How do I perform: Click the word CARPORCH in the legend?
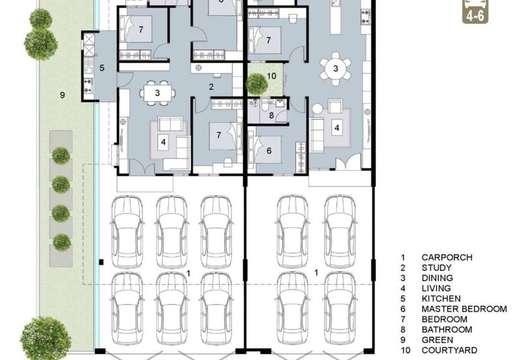coord(447,257)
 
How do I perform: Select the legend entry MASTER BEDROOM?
coord(464,308)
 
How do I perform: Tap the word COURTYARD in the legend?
coord(449,350)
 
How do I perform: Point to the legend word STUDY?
coord(437,267)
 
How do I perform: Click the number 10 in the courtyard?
coord(271,76)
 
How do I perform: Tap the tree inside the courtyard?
coord(256,84)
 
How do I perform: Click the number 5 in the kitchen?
coord(102,68)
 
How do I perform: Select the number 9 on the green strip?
coord(62,95)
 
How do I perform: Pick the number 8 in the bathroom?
coord(271,115)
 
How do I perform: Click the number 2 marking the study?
coord(211,87)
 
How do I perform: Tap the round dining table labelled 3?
coord(335,68)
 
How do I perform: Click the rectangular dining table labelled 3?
coord(157,93)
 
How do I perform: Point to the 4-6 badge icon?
coord(475,10)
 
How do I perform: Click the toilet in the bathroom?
coord(266,105)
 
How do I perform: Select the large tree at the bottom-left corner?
coord(46,338)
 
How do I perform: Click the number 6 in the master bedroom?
coord(269,151)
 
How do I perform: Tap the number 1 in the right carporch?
coord(316,273)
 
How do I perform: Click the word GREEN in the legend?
coord(437,340)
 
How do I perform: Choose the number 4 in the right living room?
coord(337,128)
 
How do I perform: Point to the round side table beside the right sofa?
coord(318,108)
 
